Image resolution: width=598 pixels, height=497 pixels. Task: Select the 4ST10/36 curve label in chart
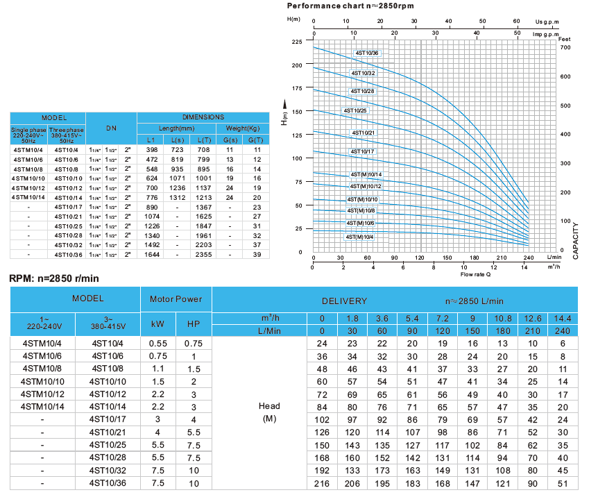tap(366, 53)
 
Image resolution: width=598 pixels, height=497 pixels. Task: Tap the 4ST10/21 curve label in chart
tap(363, 133)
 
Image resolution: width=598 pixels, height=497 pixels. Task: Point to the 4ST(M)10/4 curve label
tap(360, 237)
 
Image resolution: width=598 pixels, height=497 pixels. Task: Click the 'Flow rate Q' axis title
tap(476, 273)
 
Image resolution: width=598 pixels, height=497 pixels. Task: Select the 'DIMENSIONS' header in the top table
tap(203, 117)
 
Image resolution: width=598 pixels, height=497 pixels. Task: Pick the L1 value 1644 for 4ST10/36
tap(152, 255)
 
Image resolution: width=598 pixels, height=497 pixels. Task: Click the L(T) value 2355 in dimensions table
tap(203, 255)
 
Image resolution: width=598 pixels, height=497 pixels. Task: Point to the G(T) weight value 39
tap(257, 255)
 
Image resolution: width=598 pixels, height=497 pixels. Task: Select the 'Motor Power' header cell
tap(176, 299)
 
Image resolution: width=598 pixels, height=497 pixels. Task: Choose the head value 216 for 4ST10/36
tap(322, 483)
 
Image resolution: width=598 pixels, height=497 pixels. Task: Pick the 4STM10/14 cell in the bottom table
tap(43, 406)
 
